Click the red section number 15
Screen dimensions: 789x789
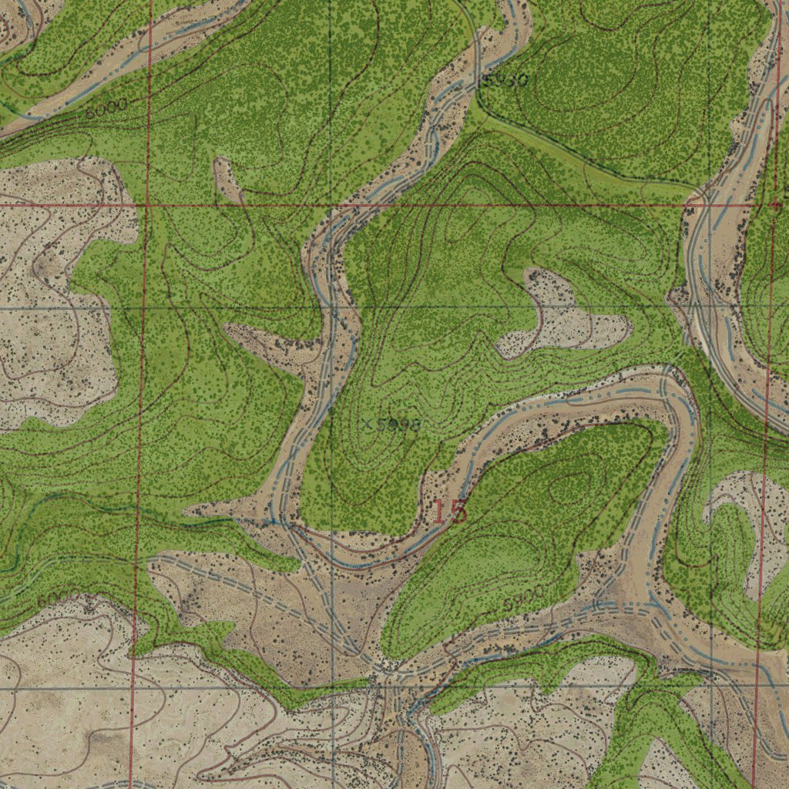click(449, 512)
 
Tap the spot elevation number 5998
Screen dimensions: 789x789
click(399, 425)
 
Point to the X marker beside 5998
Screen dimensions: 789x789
click(369, 424)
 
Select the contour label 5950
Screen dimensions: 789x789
click(505, 79)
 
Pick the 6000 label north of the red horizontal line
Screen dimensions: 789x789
click(106, 109)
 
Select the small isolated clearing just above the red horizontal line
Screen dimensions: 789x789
click(227, 179)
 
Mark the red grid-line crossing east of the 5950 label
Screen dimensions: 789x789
click(773, 206)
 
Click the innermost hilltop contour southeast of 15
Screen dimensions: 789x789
click(574, 485)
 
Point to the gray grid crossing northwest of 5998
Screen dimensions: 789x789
click(332, 307)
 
